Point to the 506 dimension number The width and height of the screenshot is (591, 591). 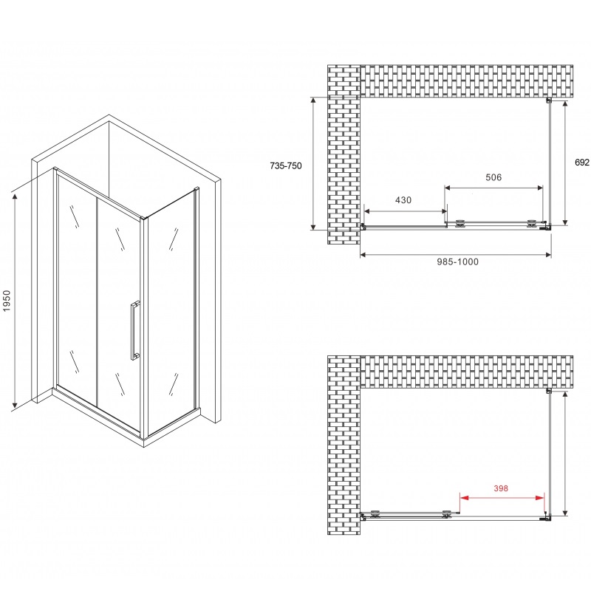[493, 177]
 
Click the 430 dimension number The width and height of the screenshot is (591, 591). [403, 199]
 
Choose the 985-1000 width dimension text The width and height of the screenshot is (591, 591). [457, 263]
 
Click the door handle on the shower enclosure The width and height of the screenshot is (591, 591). [134, 329]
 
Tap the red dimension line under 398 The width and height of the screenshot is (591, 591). [503, 496]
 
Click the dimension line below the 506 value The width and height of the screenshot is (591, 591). [493, 187]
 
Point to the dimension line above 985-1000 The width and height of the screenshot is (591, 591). [456, 255]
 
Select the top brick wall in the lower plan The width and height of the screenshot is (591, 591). [465, 372]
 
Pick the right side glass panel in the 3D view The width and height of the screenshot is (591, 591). [171, 310]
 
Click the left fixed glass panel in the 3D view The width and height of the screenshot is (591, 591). [77, 288]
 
